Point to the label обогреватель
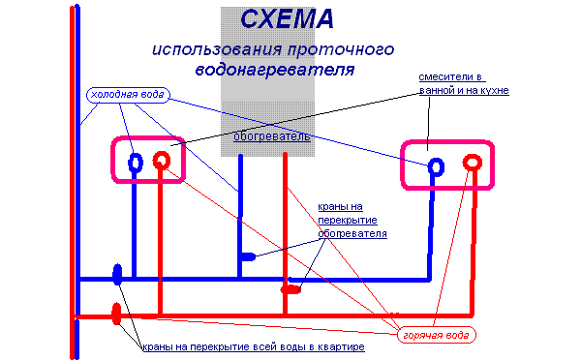tap(272, 136)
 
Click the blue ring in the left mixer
tap(137, 161)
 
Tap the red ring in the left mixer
tap(163, 160)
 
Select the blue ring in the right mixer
tap(437, 165)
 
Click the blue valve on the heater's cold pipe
tap(247, 257)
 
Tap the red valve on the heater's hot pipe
tap(290, 288)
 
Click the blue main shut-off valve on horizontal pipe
tap(117, 276)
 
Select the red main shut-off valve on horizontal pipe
tap(117, 313)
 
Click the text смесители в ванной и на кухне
tap(463, 83)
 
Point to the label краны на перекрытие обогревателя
tap(352, 220)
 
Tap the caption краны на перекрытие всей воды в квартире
tap(252, 346)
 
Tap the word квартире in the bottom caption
tap(340, 346)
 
